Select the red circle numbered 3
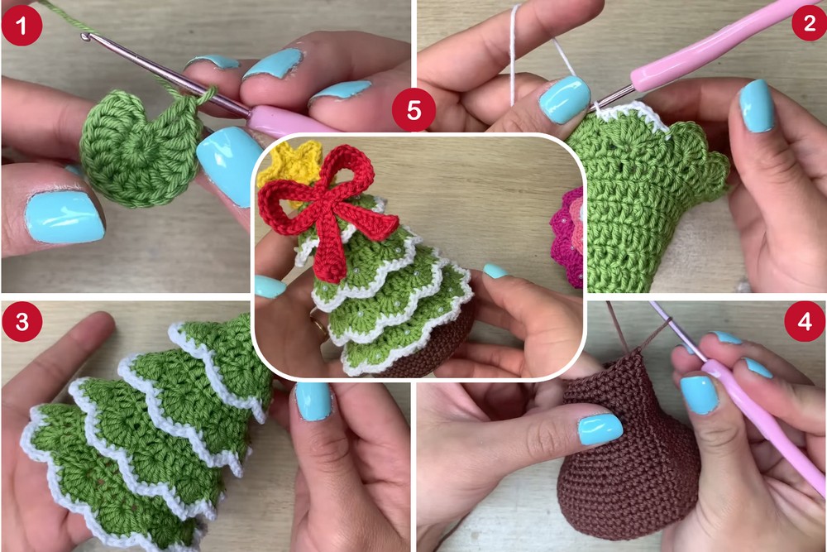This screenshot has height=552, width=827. (21, 321)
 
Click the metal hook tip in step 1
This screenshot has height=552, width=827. (86, 36)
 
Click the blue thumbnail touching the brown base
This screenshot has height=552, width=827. (600, 429)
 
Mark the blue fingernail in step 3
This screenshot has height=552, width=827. (313, 401)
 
